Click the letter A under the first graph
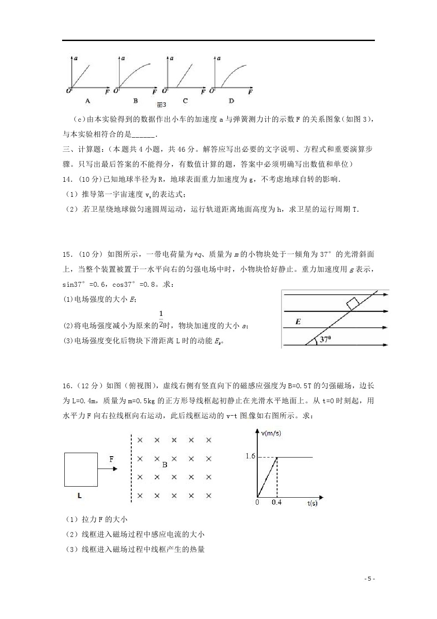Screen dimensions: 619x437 (88, 101)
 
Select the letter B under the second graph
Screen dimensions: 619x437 (135, 101)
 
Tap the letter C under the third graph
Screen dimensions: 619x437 (185, 101)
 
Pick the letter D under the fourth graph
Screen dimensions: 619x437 (232, 101)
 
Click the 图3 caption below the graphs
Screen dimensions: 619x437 (162, 105)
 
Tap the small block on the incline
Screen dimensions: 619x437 (352, 304)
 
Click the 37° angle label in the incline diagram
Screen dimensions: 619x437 (325, 340)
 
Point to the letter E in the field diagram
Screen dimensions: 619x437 (298, 322)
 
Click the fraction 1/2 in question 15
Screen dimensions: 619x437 (161, 319)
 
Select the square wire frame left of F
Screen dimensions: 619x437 (81, 469)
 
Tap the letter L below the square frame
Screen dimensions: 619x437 (79, 496)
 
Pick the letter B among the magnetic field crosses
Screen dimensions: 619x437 (164, 465)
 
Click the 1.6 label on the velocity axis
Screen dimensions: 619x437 (250, 456)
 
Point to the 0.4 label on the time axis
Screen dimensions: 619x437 (277, 503)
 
